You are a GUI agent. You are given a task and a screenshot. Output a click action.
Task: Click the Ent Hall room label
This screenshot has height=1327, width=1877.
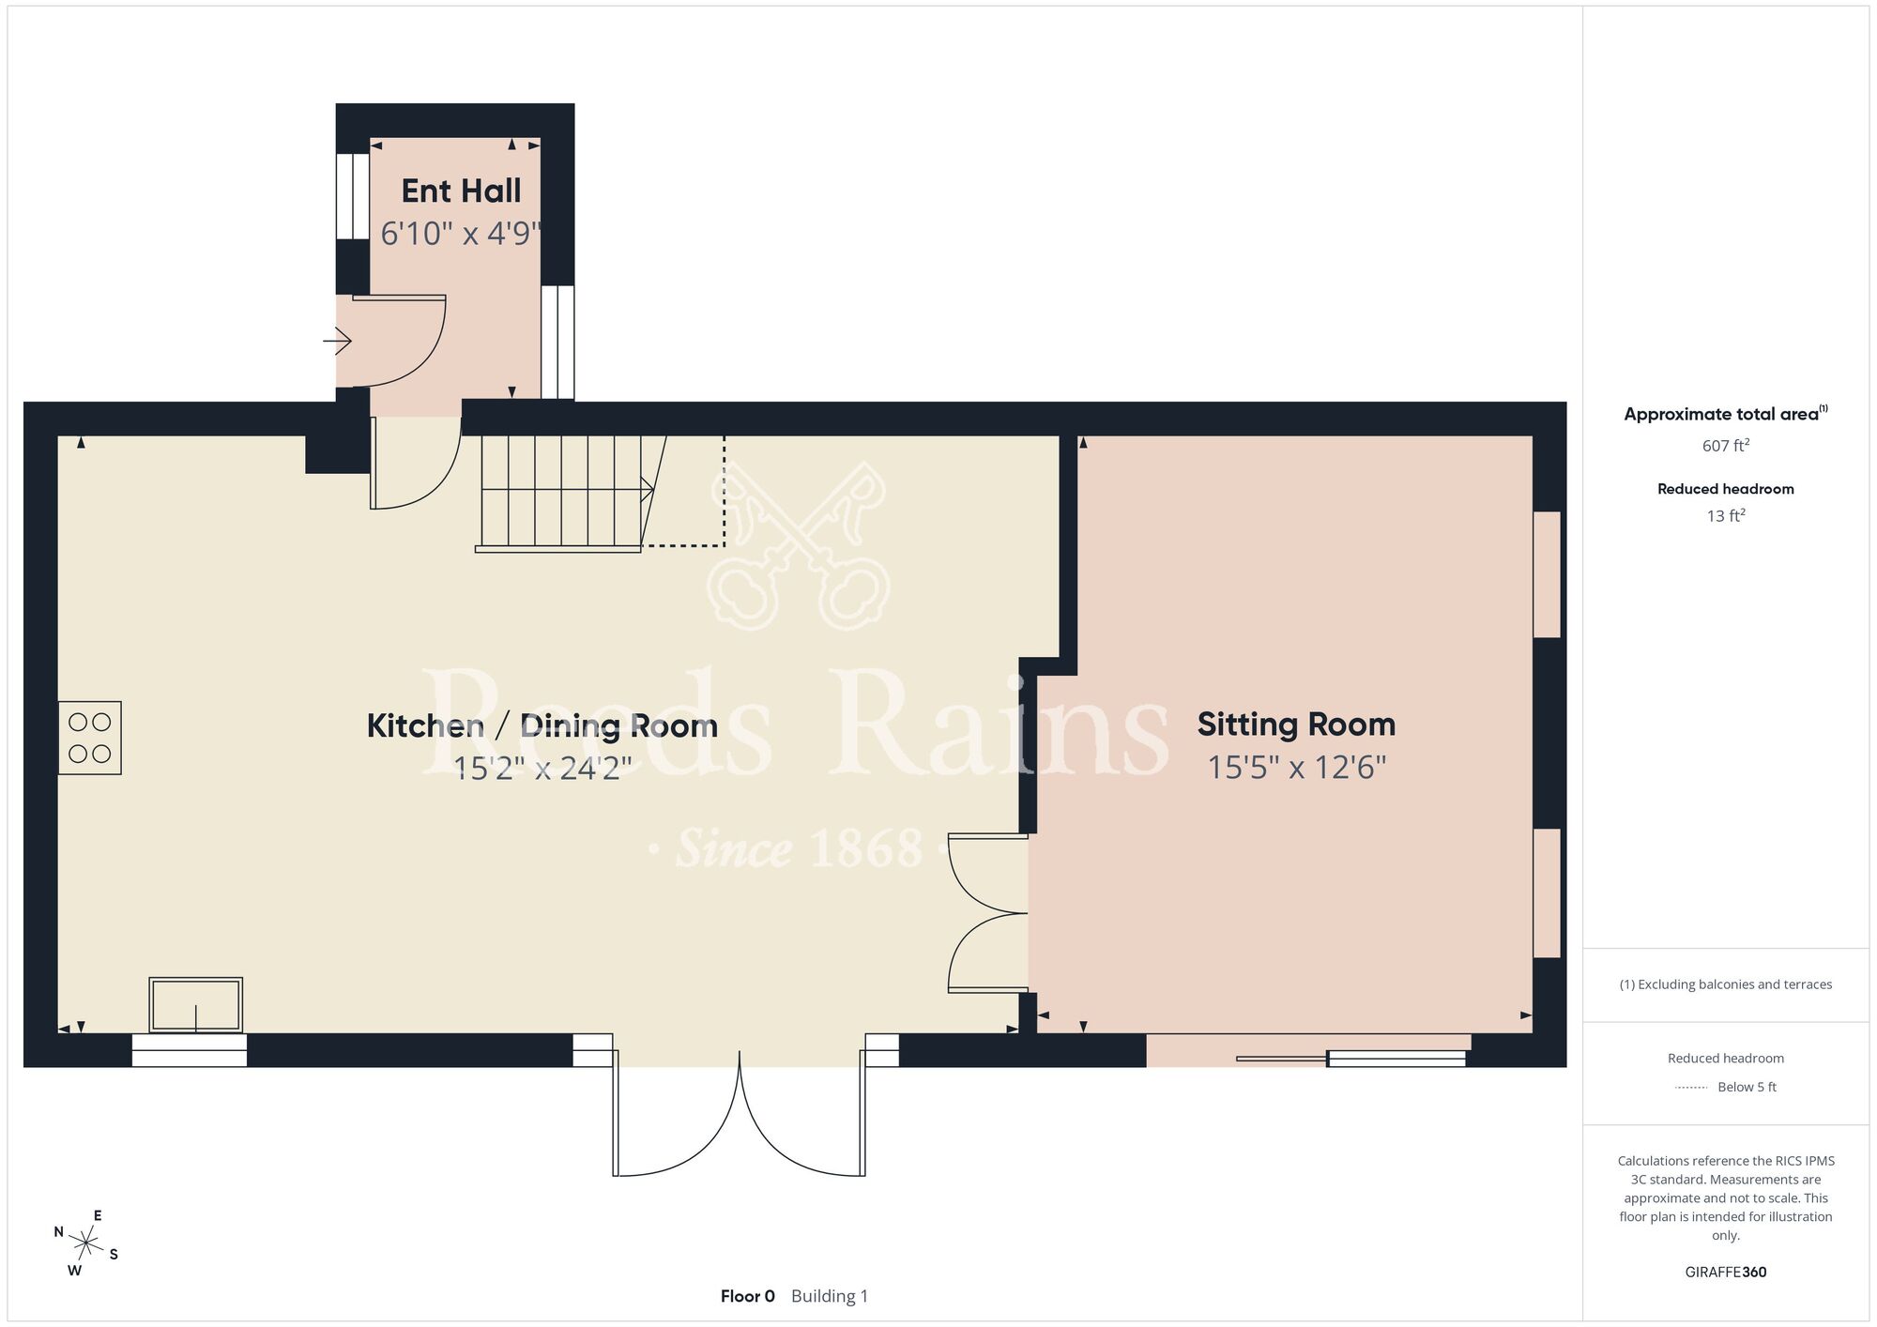tap(461, 191)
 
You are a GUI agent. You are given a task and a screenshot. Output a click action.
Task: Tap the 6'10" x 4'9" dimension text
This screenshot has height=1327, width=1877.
tap(461, 233)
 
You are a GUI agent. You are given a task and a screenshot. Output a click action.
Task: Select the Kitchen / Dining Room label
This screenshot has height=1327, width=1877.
tap(542, 725)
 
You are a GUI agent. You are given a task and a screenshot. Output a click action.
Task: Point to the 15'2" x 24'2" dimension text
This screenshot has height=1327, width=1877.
tap(542, 769)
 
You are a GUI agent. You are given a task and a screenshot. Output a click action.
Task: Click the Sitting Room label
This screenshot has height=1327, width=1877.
tap(1296, 725)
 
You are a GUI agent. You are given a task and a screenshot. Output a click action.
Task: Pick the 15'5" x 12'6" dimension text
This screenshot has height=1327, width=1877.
tap(1296, 768)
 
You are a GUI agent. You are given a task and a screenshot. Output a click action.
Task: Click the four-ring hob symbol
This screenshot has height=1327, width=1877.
tap(90, 738)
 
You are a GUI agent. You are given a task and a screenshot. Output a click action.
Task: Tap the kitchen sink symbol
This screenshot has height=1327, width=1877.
tap(196, 1005)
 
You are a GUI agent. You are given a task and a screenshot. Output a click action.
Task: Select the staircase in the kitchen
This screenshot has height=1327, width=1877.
tap(572, 493)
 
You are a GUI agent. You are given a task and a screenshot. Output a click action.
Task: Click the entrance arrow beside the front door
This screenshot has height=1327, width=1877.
tap(337, 341)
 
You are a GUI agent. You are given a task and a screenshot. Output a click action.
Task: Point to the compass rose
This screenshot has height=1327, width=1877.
tap(85, 1244)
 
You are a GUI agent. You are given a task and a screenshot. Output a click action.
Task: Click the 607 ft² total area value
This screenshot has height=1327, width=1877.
tap(1725, 445)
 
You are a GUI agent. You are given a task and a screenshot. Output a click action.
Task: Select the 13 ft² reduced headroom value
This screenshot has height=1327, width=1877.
tap(1725, 515)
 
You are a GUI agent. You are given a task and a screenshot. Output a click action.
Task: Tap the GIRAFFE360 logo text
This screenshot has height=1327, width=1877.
tap(1725, 1273)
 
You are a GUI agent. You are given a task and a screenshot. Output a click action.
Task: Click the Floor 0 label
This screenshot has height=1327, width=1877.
tap(748, 1296)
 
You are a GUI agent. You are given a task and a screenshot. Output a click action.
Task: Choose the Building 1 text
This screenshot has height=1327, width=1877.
tap(830, 1296)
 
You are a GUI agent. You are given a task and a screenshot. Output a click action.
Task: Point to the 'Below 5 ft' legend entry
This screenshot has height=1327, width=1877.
tap(1747, 1087)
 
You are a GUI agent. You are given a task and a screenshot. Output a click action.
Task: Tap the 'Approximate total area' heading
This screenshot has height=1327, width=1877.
tap(1725, 414)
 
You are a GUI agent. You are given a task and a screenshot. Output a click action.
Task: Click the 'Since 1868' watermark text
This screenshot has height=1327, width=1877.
tap(799, 848)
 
